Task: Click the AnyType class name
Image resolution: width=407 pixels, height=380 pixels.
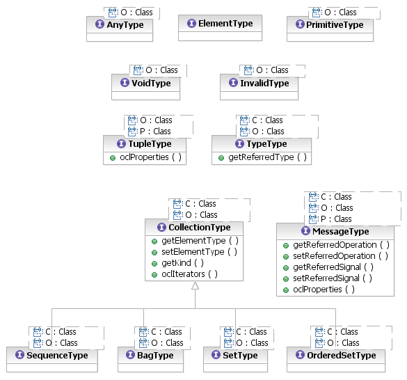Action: coord(125,24)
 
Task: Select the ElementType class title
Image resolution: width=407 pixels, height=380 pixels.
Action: coord(225,24)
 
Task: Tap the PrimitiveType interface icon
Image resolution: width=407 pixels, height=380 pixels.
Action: coord(300,24)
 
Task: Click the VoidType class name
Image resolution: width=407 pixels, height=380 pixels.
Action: coord(151,83)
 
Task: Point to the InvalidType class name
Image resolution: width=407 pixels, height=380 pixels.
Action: coord(264,83)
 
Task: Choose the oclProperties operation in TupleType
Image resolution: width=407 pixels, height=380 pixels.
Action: coord(150,157)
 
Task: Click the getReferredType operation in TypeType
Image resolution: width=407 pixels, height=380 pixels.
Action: coord(267,157)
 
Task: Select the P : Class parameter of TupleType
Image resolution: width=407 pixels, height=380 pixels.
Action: coord(155,132)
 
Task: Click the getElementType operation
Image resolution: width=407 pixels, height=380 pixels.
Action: coord(200,241)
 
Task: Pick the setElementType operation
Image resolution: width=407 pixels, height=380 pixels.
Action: coord(199,252)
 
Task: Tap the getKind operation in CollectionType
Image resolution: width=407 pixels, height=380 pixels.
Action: coord(182,263)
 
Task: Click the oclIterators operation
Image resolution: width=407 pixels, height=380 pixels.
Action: coord(189,274)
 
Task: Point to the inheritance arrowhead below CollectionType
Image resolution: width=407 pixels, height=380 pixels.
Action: coord(195,286)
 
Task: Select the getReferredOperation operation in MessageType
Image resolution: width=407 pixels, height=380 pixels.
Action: coord(341,245)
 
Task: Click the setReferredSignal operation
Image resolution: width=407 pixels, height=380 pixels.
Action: coord(333,278)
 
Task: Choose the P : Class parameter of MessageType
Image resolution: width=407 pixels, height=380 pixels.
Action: coord(336,219)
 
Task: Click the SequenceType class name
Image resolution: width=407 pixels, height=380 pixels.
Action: coord(57,356)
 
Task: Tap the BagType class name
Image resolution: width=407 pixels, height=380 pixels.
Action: coord(155,356)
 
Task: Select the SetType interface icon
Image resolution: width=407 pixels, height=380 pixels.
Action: coord(216,354)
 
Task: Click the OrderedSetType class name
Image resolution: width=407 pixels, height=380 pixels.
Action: coord(342,356)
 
